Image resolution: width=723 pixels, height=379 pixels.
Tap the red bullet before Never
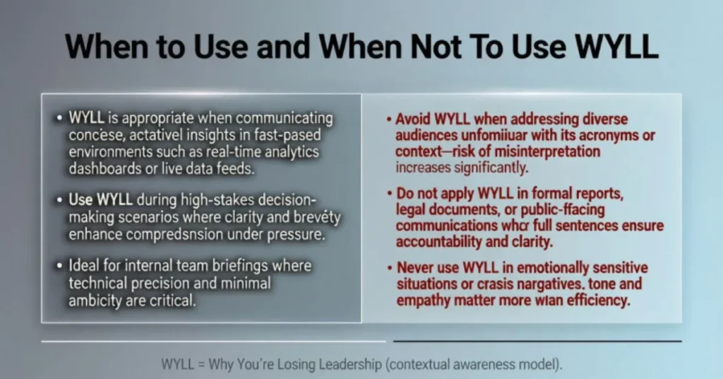[x=389, y=269]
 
